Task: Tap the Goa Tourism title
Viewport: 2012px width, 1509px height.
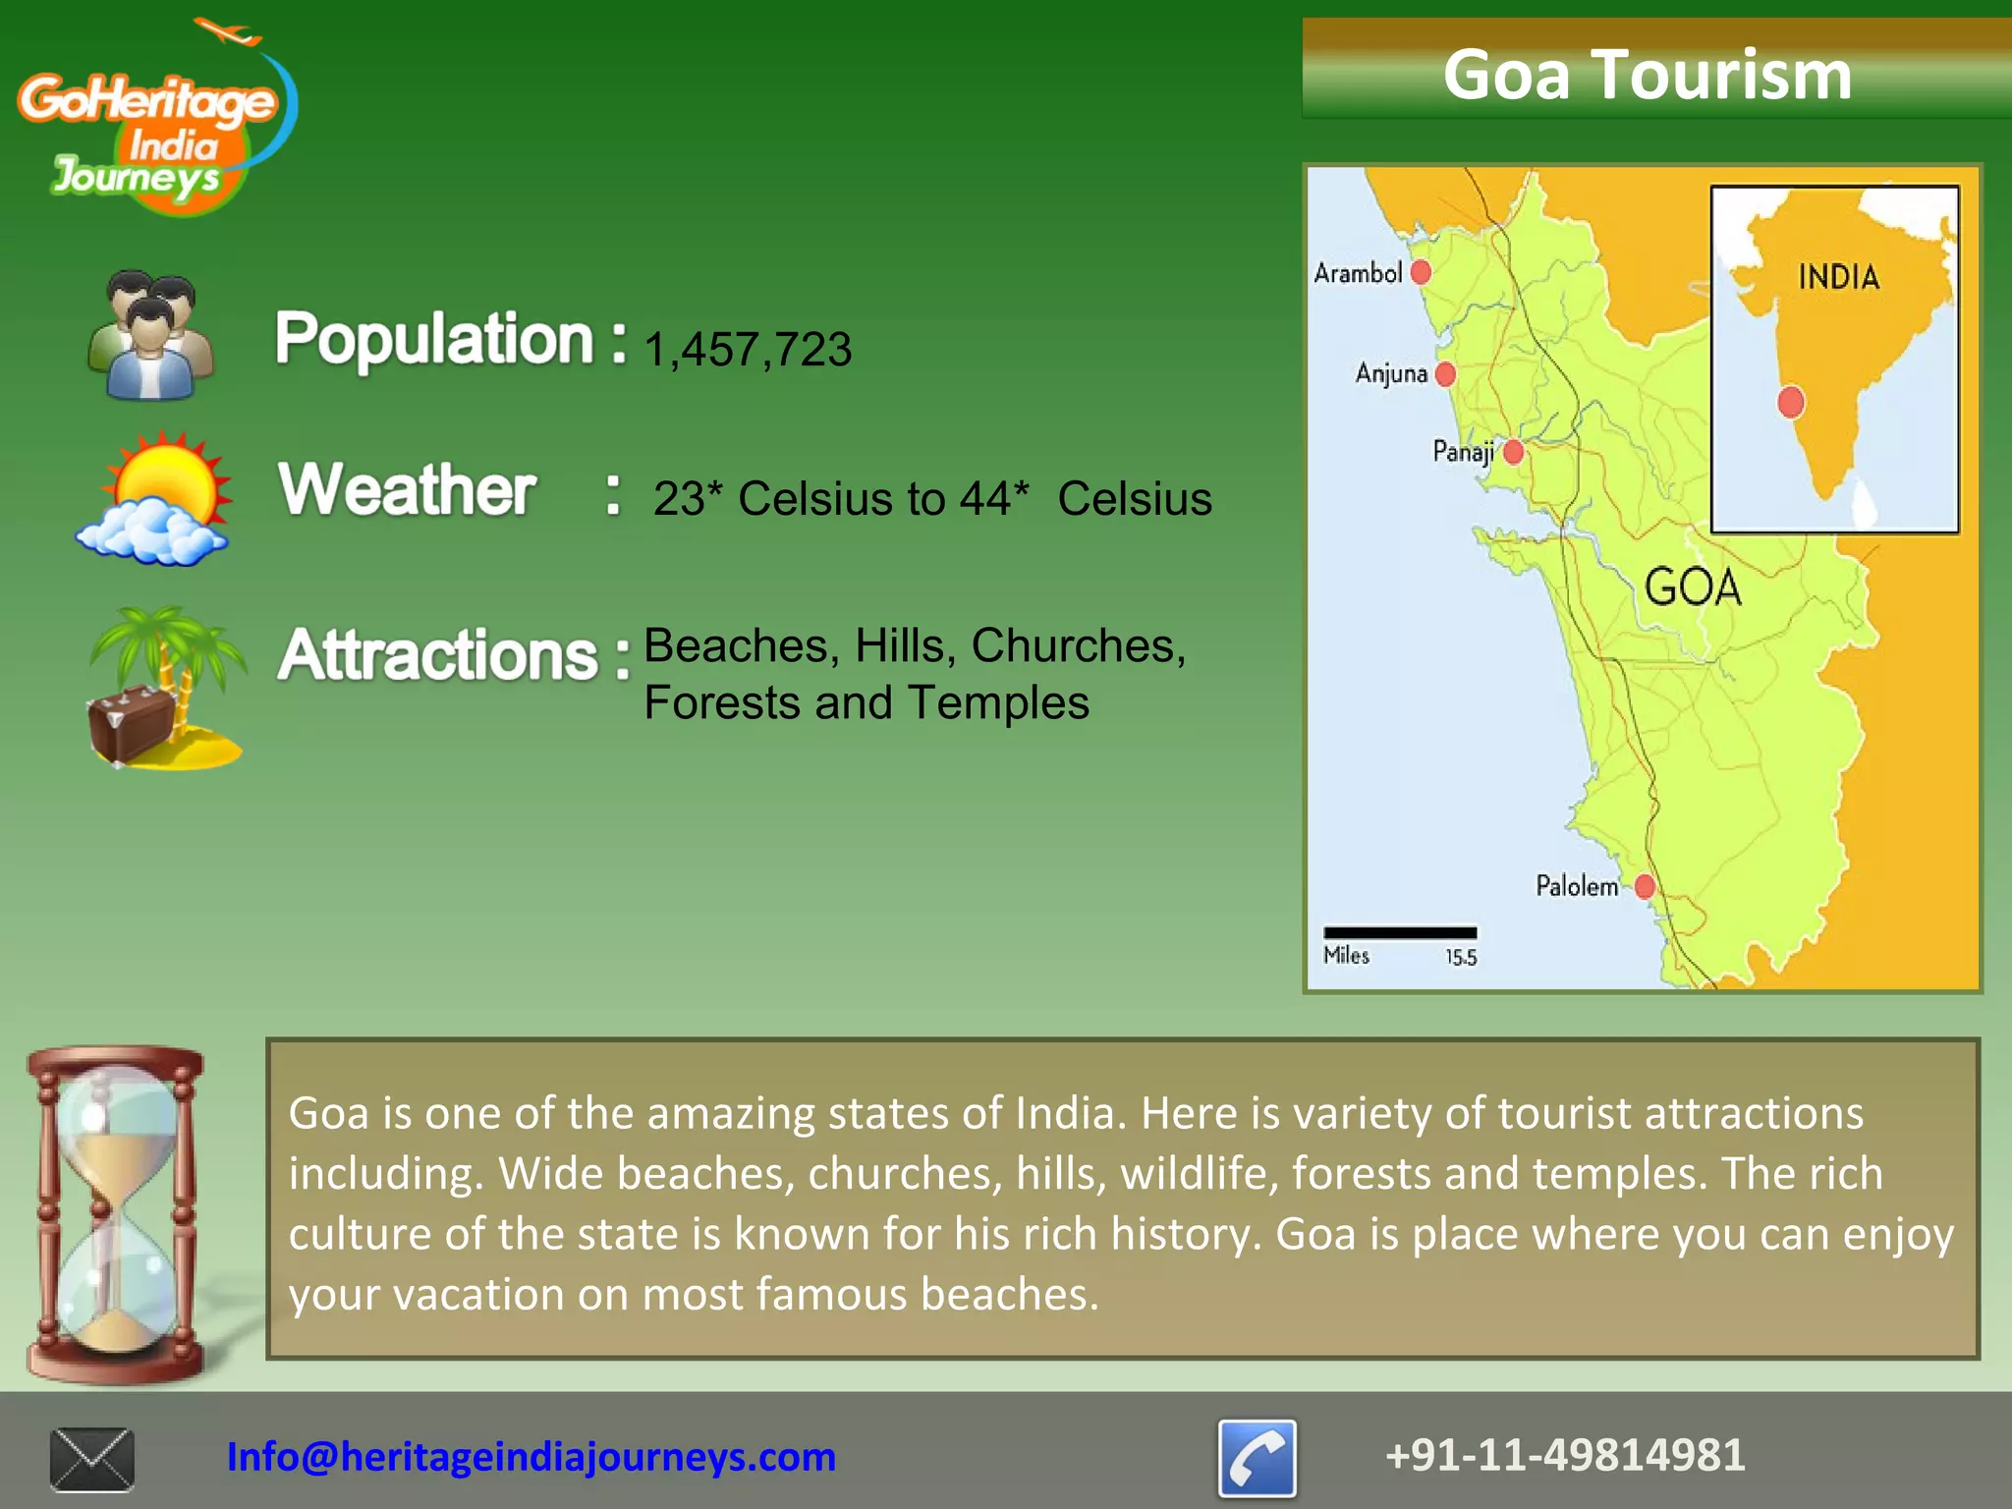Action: click(1647, 75)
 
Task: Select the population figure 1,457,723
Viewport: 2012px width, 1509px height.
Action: click(748, 349)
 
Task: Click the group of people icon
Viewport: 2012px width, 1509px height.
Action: click(150, 336)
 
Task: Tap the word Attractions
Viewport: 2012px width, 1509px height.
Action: click(438, 654)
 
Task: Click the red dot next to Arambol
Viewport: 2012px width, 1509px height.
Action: click(1421, 272)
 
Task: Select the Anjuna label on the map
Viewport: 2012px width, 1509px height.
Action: click(1391, 373)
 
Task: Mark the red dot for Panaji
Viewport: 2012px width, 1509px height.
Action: click(1514, 452)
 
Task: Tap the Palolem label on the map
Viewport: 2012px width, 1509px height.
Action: click(1577, 886)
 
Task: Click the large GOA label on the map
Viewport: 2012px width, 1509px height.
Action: click(1693, 587)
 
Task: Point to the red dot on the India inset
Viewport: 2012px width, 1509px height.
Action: click(1791, 402)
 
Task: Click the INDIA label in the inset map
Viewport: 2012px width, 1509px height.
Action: click(1838, 277)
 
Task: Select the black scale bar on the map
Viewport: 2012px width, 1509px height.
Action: click(1400, 932)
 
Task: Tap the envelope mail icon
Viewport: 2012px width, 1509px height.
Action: click(92, 1459)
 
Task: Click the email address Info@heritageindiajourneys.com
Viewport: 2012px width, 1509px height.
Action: click(531, 1457)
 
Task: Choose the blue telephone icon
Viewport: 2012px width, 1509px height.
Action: click(1257, 1458)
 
